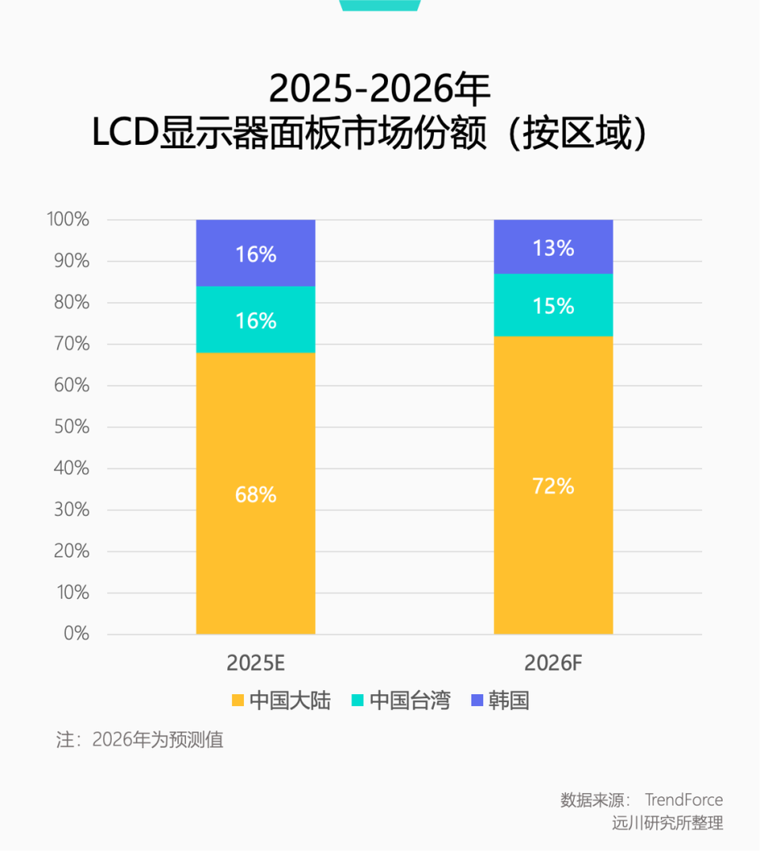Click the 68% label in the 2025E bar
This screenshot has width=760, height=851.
coord(256,495)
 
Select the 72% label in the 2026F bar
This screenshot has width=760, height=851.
coord(553,487)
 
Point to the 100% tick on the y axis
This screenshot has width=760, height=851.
coord(68,219)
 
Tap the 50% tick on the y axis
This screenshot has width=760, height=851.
coord(72,427)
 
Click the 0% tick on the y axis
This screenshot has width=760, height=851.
coord(76,634)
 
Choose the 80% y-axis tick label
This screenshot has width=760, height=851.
coord(72,303)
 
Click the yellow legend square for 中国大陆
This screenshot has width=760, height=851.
coord(237,700)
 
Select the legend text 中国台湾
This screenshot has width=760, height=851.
coord(409,700)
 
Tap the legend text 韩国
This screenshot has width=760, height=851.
coord(508,700)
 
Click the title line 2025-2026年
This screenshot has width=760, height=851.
coord(380,89)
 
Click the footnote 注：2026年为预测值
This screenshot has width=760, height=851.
coord(140,740)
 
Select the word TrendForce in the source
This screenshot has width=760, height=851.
coord(683,799)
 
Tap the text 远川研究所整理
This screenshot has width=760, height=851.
coord(667,823)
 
